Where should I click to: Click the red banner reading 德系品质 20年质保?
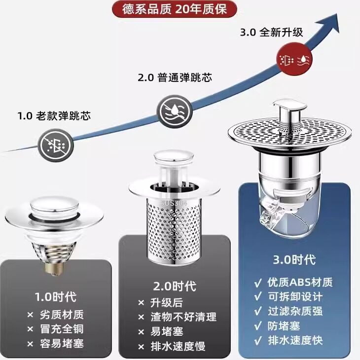[174, 9]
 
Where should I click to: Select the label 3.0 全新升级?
[272, 32]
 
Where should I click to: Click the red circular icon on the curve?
[294, 60]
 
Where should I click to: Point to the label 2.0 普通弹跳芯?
[175, 77]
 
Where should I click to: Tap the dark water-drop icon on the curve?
[175, 111]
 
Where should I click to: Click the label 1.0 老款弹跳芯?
[54, 116]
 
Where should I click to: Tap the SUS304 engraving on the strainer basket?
[174, 203]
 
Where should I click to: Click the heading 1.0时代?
[56, 296]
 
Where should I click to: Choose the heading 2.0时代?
[175, 286]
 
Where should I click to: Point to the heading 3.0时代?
[294, 260]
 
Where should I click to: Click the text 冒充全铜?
[62, 329]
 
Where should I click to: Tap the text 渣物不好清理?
[183, 317]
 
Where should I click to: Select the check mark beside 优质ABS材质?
[258, 283]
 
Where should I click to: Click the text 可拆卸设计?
[295, 297]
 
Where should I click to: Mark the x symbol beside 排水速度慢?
[141, 347]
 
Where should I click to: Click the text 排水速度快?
[295, 340]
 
